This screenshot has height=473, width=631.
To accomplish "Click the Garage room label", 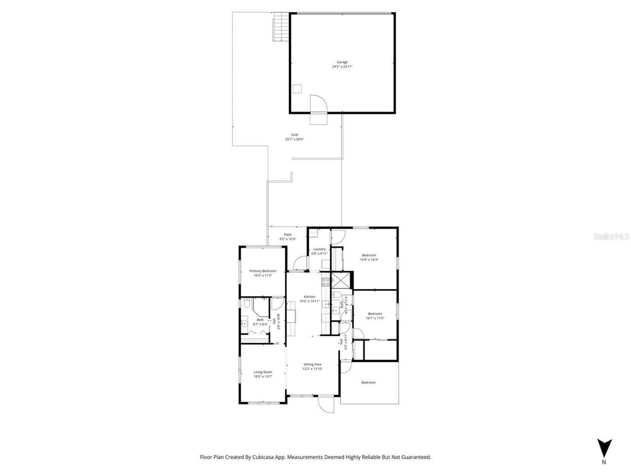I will tap(342, 62).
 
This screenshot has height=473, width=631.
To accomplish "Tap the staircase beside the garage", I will tap(280, 27).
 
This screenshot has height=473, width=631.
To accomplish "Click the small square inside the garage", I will tap(297, 89).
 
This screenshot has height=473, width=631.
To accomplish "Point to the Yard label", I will tap(294, 135).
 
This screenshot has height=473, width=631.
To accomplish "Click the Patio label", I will tap(287, 235).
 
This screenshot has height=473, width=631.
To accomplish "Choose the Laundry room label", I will tap(319, 249).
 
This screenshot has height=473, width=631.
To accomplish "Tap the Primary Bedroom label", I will tap(263, 271).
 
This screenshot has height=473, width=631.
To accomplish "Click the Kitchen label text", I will tap(309, 297).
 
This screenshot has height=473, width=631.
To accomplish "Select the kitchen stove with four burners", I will tap(326, 282).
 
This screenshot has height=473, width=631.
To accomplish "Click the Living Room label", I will tap(263, 372).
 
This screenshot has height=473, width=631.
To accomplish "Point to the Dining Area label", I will tap(312, 365).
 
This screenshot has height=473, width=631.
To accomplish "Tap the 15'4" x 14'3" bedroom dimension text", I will tap(369, 260).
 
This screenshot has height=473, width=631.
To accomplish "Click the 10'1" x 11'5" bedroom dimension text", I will tap(375, 318).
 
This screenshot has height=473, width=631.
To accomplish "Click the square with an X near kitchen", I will tap(340, 280).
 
